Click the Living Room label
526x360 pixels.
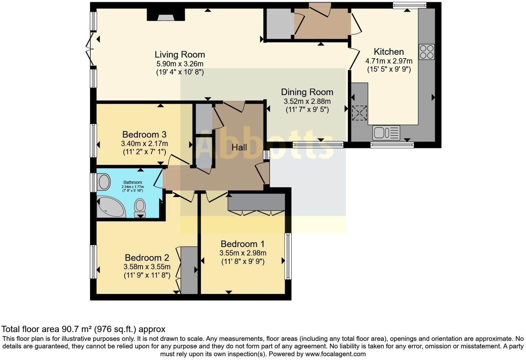coord(180,54)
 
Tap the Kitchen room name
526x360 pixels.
coord(389,52)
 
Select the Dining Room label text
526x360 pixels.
coord(307,92)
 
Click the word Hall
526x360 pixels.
coord(239,147)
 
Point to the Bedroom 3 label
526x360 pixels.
coord(144,134)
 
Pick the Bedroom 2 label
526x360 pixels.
coord(147,258)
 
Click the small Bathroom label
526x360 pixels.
coord(133,182)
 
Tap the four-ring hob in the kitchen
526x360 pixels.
coord(426,52)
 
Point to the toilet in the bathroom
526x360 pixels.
coord(140,207)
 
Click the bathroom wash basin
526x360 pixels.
coord(104,182)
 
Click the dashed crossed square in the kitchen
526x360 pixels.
coord(360,113)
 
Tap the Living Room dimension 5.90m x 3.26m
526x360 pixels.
coord(180,64)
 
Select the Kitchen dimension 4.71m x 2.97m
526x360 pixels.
coord(389,61)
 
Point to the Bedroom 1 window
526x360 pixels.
coord(288,256)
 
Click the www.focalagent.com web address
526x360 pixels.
coord(335,354)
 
